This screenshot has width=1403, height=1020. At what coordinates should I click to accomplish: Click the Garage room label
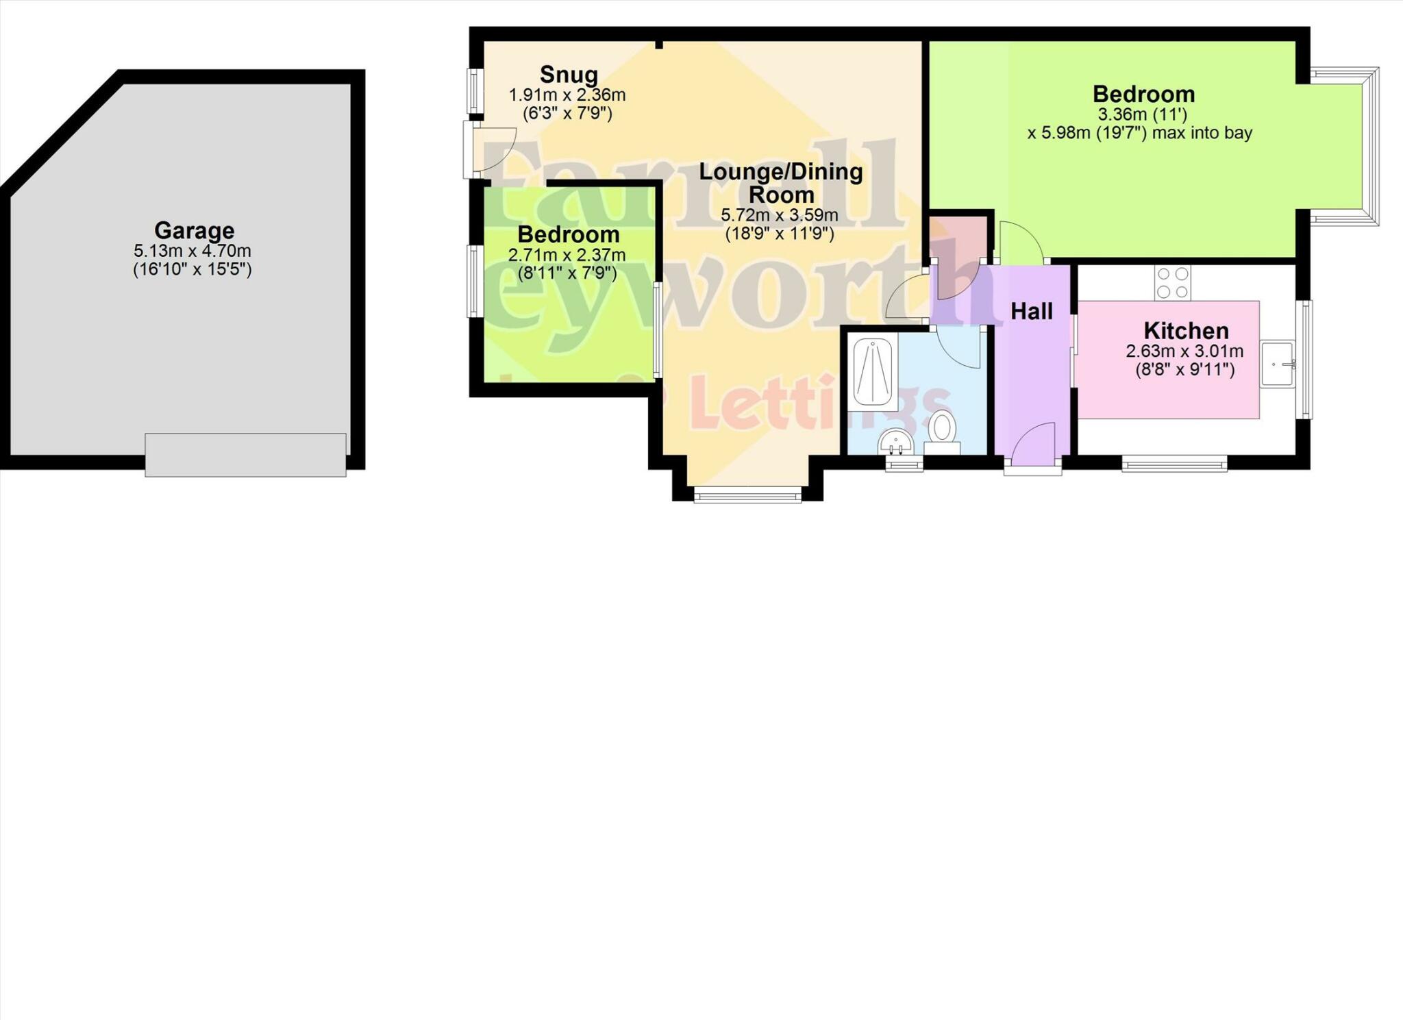click(194, 230)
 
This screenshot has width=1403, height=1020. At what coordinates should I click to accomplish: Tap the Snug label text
click(569, 74)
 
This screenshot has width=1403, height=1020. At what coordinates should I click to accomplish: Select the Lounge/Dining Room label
click(781, 182)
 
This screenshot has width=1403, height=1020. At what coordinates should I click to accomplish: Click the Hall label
click(1032, 312)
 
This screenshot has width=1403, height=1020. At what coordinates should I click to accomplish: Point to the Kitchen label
click(1186, 331)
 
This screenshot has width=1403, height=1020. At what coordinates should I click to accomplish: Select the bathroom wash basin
click(896, 441)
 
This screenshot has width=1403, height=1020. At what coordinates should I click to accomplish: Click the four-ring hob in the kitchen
click(1172, 282)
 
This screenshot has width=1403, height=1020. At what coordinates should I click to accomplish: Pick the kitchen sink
click(1278, 364)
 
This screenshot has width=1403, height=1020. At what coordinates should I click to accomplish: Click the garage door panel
click(245, 454)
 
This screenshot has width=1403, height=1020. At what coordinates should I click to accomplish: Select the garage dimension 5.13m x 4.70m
click(193, 251)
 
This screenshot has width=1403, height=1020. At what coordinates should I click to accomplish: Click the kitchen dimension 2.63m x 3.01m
click(1184, 351)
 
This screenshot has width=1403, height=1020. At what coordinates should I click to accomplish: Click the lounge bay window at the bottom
click(747, 494)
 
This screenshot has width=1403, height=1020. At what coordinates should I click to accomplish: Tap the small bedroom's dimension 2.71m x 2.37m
click(567, 256)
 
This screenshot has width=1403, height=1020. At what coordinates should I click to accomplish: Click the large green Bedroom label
click(1143, 94)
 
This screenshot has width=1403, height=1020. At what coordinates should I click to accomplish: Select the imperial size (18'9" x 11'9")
click(780, 234)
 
